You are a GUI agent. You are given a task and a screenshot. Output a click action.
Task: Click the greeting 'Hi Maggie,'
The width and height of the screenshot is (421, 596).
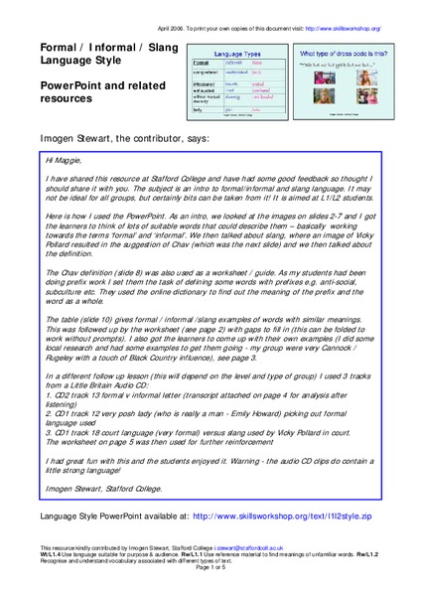66,159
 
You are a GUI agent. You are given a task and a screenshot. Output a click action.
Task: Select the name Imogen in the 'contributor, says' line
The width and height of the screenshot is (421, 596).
62,135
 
